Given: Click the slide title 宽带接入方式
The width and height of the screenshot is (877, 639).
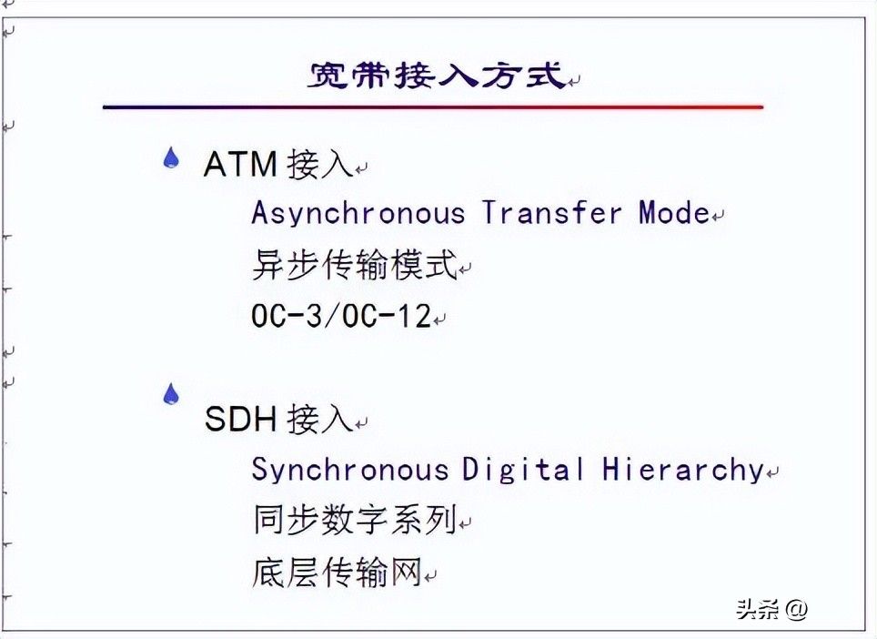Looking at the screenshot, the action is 438,75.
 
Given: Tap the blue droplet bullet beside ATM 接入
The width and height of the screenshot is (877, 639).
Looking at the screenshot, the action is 171,157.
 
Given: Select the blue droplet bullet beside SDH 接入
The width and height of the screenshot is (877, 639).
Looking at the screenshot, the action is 171,394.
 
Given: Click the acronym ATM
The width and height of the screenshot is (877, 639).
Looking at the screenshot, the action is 240,165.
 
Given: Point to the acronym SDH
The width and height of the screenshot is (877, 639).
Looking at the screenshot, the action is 240,419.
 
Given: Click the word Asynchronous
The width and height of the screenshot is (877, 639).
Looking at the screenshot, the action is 358,214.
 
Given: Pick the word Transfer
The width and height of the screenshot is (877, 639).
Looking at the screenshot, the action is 552,213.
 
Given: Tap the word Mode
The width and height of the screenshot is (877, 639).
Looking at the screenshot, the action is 674,213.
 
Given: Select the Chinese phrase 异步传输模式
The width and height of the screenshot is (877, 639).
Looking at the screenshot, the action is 355,265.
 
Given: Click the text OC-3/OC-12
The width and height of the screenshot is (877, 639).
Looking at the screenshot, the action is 341,316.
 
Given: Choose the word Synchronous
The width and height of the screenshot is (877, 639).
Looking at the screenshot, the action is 350,470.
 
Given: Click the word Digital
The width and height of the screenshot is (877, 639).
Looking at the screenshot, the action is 523,470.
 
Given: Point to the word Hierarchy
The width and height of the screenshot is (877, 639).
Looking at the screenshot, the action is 683,470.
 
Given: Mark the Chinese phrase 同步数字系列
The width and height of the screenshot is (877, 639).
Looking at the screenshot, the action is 355,520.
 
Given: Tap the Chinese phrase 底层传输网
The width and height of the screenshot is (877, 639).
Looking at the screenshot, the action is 337,572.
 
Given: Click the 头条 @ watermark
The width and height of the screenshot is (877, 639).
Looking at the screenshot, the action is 771,609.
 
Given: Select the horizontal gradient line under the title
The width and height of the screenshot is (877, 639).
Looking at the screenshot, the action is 433,106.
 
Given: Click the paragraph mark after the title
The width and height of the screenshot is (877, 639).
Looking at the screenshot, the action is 574,82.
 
